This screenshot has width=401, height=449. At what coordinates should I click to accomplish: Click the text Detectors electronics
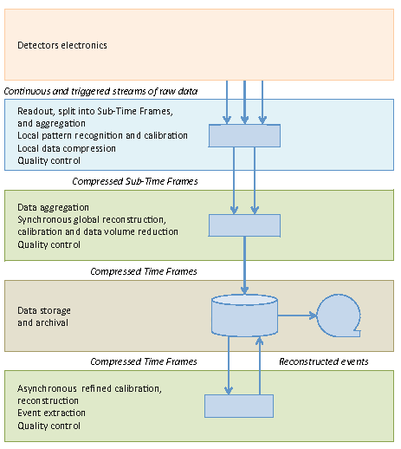[x=62, y=45]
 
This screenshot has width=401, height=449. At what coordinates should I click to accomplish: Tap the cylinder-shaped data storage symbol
[x=244, y=316]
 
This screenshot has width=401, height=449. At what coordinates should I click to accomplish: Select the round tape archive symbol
[x=339, y=316]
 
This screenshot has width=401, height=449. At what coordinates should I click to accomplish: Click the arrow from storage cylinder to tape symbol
[x=297, y=316]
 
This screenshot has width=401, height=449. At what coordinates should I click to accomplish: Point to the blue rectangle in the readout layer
[x=244, y=136]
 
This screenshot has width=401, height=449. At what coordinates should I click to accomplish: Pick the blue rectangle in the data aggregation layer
[x=244, y=225]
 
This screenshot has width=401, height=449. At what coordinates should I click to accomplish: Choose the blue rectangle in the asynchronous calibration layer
[x=239, y=406]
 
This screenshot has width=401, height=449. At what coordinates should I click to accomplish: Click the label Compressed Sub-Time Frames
[x=135, y=181]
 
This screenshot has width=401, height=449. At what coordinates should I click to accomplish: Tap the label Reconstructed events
[x=324, y=361]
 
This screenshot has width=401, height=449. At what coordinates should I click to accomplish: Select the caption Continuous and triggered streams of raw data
[x=100, y=91]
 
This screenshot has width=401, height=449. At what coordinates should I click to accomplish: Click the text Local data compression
[x=67, y=148]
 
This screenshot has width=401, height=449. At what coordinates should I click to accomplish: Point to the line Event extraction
[x=51, y=413]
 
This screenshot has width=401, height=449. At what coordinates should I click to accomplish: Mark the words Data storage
[x=44, y=310]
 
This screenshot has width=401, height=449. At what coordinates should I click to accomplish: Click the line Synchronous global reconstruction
[x=92, y=220]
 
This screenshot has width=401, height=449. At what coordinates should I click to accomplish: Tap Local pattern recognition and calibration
[x=102, y=136]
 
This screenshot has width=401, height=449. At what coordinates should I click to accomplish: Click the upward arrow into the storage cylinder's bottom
[x=260, y=366]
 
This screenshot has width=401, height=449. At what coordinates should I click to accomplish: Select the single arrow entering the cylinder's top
[x=244, y=265]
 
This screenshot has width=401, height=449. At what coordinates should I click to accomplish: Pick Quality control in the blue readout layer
[x=49, y=160]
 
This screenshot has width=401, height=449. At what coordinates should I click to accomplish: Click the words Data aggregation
[x=53, y=207]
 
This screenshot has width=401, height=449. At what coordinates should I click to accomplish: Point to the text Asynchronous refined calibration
[x=89, y=389]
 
